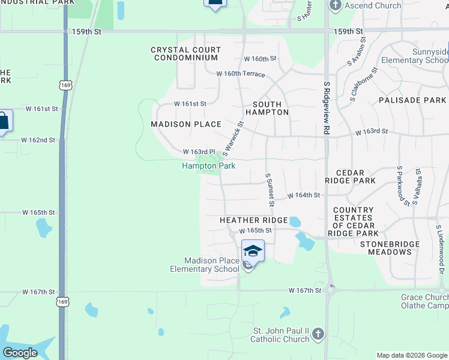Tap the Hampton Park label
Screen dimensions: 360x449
click(x=208, y=166)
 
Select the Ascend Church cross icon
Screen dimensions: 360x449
click(x=335, y=6)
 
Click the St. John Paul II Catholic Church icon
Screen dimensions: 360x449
click(x=318, y=334)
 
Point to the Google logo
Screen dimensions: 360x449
click(x=20, y=353)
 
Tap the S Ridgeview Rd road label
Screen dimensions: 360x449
click(x=327, y=108)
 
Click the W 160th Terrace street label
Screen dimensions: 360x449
click(x=241, y=73)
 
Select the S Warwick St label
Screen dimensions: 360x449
click(x=234, y=137)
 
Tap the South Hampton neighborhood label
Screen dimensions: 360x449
click(x=267, y=108)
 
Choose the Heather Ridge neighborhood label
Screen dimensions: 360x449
click(x=253, y=220)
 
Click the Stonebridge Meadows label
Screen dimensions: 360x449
click(x=385, y=248)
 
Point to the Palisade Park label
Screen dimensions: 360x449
click(x=412, y=100)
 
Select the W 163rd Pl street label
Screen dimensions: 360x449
click(x=199, y=152)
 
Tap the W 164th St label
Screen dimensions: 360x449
click(x=303, y=196)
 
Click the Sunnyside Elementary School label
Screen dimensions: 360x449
click(x=430, y=56)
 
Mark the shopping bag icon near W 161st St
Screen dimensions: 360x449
click(x=3, y=121)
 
